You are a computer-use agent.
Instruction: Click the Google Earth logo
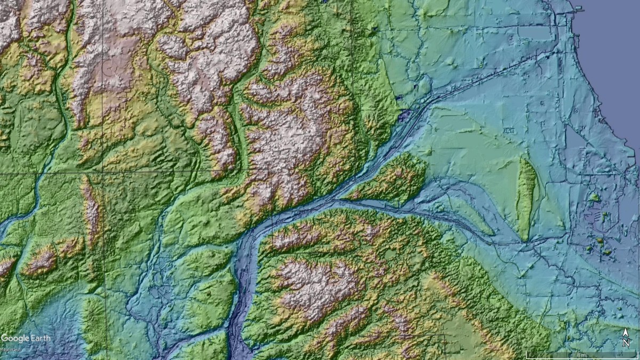pyautogui.click(x=26, y=338)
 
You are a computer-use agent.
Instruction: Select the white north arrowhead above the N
pyautogui.click(x=626, y=333)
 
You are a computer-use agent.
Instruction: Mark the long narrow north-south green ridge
pyautogui.click(x=526, y=197)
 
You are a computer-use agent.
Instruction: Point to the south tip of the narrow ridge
pyautogui.click(x=525, y=239)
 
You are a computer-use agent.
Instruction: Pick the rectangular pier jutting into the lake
pyautogui.click(x=576, y=7)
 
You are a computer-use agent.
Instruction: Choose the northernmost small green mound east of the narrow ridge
pyautogui.click(x=593, y=197)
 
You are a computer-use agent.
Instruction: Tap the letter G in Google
pyautogui.click(x=5, y=338)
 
